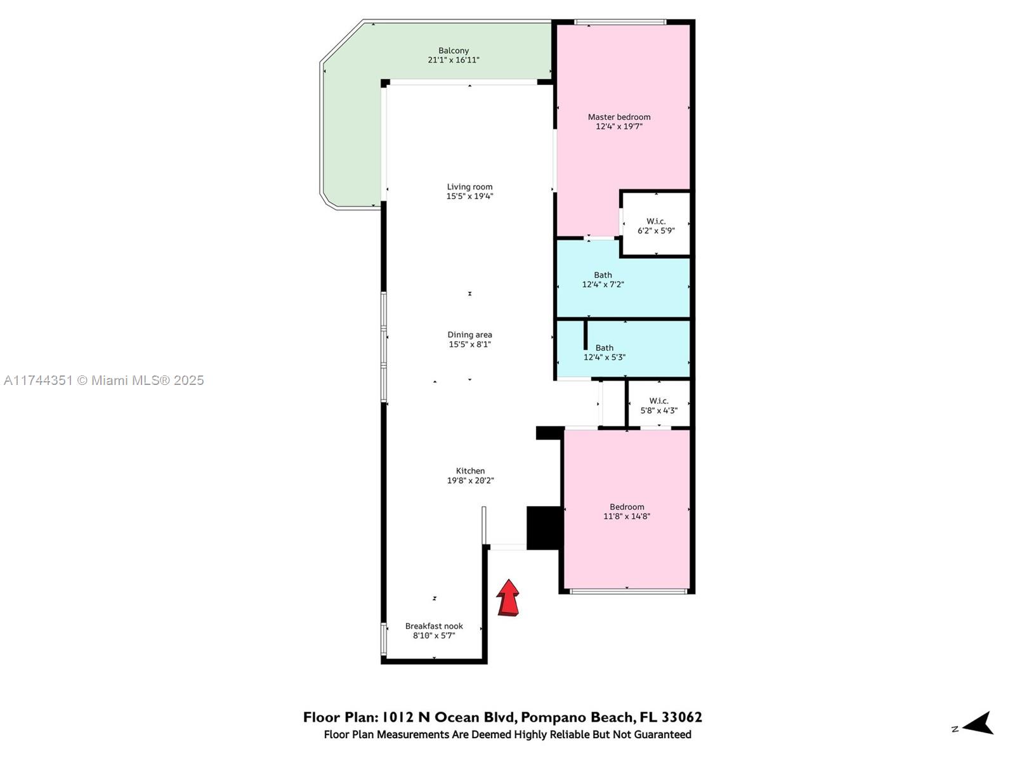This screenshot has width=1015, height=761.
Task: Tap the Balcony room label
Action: tap(453, 50)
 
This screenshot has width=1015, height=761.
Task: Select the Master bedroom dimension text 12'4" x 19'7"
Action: tap(619, 126)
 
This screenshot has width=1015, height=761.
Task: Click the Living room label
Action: tap(469, 186)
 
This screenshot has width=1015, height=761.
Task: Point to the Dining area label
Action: tap(469, 335)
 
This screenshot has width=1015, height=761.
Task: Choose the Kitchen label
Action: tap(470, 471)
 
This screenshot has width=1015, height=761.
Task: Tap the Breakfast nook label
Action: tap(434, 626)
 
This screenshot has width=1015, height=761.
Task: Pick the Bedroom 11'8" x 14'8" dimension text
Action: tap(627, 516)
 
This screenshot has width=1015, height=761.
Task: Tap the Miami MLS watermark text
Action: tap(104, 380)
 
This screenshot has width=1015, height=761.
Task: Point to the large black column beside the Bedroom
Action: tap(545, 528)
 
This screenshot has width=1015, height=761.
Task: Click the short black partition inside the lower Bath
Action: tap(586, 335)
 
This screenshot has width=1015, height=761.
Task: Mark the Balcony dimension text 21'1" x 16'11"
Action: tap(453, 60)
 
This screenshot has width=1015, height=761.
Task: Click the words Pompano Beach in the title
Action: tap(577, 717)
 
